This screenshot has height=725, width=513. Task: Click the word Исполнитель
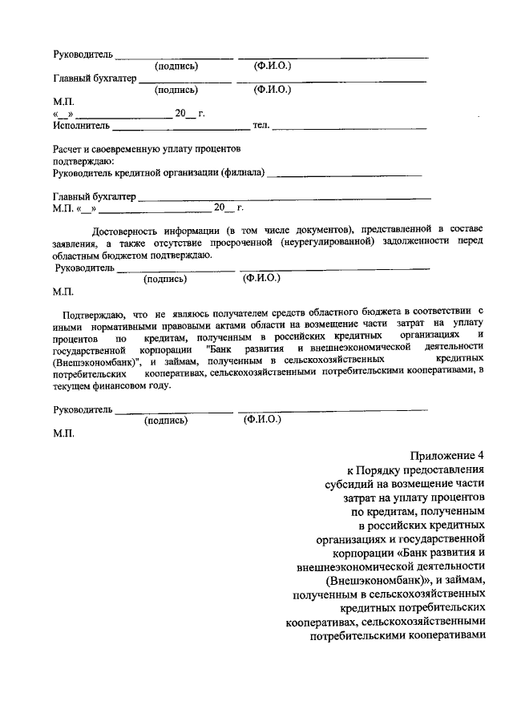pos(82,126)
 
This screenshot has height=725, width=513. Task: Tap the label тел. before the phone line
pos(261,126)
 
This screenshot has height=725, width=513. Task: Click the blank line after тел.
pos(349,128)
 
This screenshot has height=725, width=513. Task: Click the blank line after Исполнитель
pos(181,128)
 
